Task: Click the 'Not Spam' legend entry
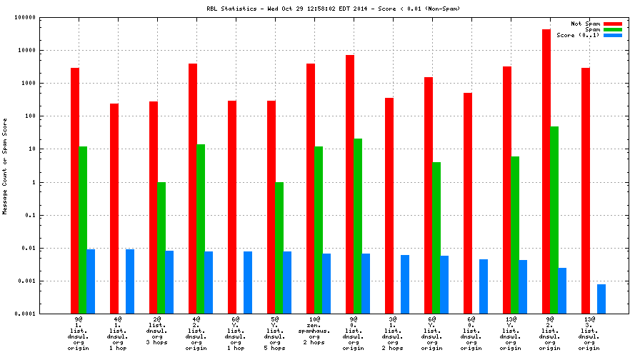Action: [x=585, y=24]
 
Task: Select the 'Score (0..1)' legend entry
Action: [x=578, y=35]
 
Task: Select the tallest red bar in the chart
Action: [x=546, y=171]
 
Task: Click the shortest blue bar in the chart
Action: [x=601, y=299]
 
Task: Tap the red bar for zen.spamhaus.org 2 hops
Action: [x=311, y=189]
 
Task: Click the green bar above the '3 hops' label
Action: [x=161, y=248]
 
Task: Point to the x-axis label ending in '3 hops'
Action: [x=157, y=333]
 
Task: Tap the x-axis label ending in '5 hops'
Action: [x=275, y=333]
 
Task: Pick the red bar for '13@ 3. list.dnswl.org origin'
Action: [x=586, y=191]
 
